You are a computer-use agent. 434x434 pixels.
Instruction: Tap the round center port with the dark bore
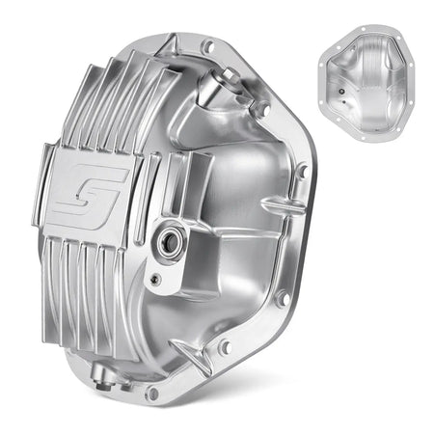tap(169, 240)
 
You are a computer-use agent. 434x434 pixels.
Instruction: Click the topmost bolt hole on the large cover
tap(206, 45)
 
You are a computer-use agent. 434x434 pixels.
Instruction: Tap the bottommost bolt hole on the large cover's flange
tap(152, 393)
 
